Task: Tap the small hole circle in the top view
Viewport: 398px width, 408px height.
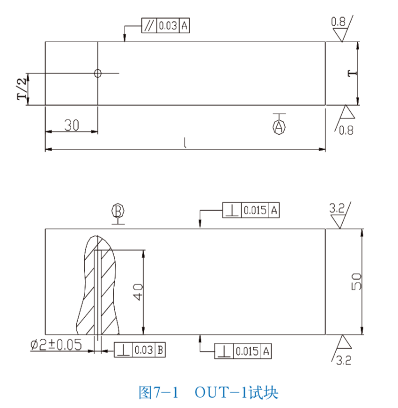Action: point(97,73)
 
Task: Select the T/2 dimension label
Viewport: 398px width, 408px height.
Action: point(22,89)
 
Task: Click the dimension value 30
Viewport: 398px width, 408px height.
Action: point(71,125)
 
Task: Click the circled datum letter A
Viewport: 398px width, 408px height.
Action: point(279,126)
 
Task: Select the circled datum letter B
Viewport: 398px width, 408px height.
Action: point(118,211)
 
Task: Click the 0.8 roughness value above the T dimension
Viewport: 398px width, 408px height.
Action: point(339,22)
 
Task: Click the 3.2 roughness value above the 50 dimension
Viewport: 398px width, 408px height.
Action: point(337,209)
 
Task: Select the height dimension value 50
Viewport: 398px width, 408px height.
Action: point(356,282)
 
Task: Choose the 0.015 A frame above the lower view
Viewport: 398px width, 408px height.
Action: point(251,211)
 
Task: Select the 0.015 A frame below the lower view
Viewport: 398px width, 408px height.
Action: point(243,351)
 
